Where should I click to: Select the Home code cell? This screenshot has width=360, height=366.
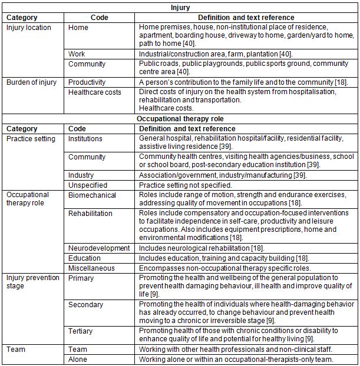78,28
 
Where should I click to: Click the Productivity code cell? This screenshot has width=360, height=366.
87,82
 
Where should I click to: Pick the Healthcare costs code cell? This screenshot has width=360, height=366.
95,92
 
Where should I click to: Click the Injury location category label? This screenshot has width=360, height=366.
29,28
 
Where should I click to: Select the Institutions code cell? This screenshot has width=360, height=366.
85,139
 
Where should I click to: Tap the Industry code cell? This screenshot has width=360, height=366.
81,175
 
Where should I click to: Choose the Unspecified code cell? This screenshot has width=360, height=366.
87,185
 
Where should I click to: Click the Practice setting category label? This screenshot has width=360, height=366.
31,139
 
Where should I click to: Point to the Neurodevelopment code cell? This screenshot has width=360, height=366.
99,248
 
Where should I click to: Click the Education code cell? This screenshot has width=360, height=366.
85,258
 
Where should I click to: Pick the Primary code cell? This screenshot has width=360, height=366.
82,277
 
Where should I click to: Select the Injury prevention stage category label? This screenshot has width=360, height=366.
33,282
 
